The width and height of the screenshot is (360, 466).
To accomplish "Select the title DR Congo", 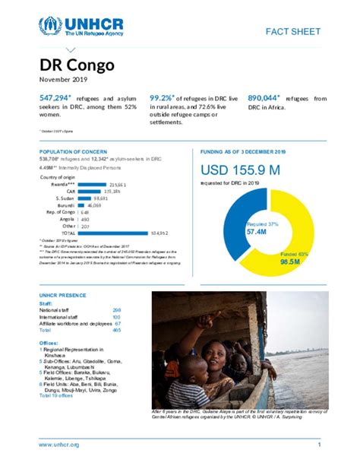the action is coord(77,65).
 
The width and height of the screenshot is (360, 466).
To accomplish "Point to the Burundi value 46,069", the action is coord(94,205).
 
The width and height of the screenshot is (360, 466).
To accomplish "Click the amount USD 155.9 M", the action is coord(239,170).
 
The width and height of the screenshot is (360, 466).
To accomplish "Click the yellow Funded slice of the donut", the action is coord(292,228).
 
